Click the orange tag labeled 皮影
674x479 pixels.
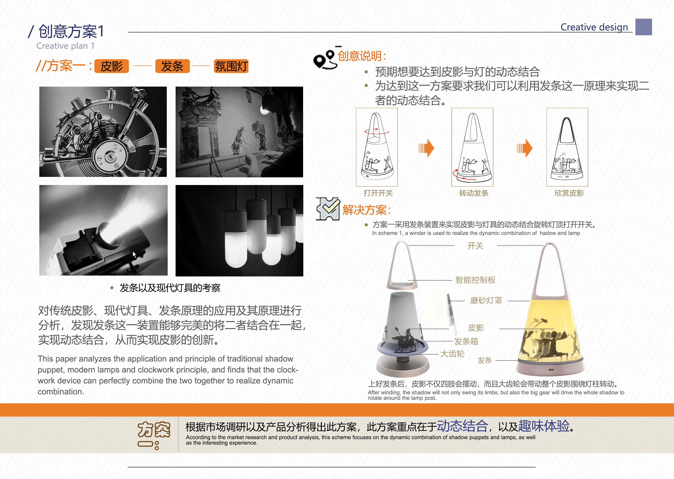tap(111, 66)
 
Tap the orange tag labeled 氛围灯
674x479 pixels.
tap(231, 66)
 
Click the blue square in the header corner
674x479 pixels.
tap(643, 27)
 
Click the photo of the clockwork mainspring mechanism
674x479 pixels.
tap(103, 132)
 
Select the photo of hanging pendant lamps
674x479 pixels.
tap(239, 230)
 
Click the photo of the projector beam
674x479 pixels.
tap(103, 230)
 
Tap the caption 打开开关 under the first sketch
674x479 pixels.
tap(378, 193)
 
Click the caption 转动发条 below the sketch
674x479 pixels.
tap(474, 193)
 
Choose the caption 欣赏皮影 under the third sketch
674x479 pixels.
tap(569, 193)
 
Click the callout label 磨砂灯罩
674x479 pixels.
tap(486, 301)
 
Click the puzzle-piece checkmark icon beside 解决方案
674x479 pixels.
tap(328, 209)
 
